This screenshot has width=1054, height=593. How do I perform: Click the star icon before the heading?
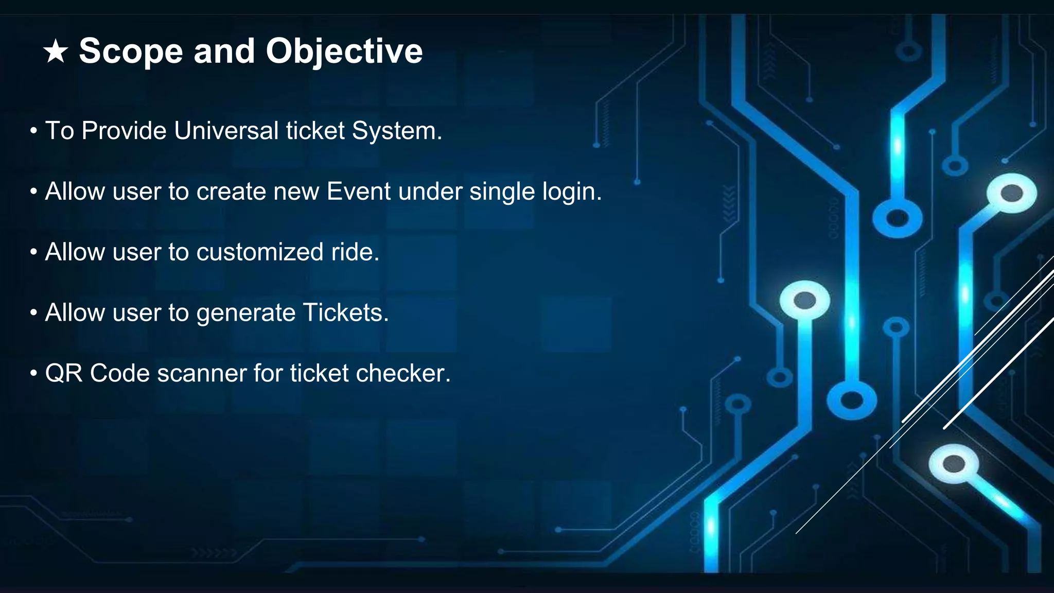56,52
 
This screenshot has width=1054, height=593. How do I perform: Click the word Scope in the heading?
131,51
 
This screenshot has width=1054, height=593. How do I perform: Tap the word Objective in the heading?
344,51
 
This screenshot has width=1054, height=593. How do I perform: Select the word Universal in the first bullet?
226,131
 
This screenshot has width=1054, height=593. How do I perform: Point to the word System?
397,131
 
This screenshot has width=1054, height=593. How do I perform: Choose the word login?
572,191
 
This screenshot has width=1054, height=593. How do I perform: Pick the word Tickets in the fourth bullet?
345,313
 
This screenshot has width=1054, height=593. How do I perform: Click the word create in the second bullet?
231,191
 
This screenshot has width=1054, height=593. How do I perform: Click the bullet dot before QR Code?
33,373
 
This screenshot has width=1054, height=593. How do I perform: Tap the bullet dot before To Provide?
33,131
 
